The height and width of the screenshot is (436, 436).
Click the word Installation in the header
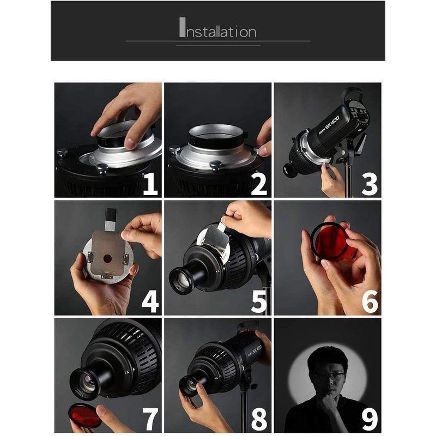[217, 28]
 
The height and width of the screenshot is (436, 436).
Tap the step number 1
[150, 184]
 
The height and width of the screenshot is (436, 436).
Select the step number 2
[258, 184]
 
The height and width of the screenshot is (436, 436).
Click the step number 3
[370, 184]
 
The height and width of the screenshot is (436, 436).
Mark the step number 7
[150, 419]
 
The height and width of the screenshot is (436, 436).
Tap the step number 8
[259, 419]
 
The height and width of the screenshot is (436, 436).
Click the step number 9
[370, 419]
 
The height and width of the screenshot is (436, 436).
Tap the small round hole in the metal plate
[107, 258]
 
